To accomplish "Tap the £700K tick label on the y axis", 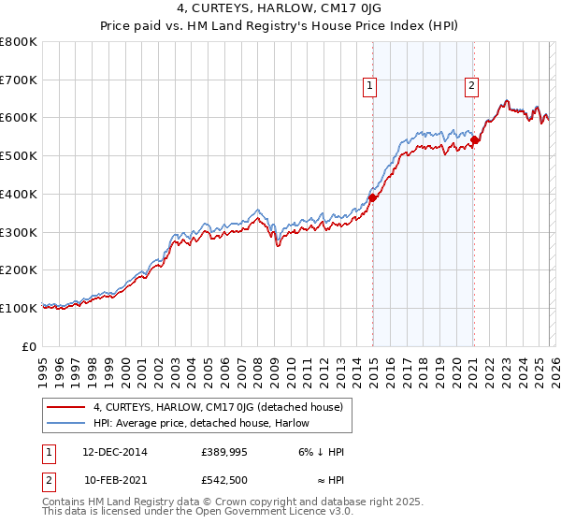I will (19, 80).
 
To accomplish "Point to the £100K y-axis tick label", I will (19, 308).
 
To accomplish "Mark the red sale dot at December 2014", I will (372, 197).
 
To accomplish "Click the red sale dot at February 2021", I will (474, 139).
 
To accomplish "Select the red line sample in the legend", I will (67, 407).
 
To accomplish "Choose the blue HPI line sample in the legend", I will (67, 423).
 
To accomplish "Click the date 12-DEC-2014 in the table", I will (115, 451).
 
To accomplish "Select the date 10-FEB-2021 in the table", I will (115, 481).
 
